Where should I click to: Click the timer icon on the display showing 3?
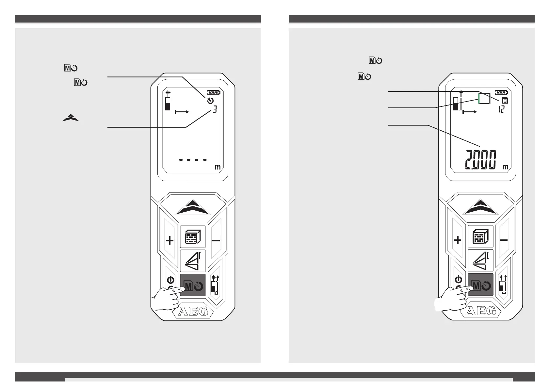(x=211, y=101)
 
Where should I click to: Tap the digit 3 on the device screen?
(x=215, y=110)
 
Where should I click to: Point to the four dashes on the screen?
(x=193, y=160)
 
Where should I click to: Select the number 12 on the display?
(x=501, y=110)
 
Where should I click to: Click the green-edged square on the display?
(x=484, y=98)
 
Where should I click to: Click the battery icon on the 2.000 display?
(x=502, y=92)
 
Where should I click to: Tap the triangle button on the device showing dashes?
(x=193, y=261)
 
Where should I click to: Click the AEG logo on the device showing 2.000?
(x=481, y=311)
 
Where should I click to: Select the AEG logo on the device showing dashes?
(x=193, y=312)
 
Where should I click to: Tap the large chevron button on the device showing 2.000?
(x=480, y=208)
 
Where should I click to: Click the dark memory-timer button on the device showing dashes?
(x=193, y=285)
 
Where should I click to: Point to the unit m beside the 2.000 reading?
(x=505, y=167)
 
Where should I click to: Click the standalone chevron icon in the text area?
(x=71, y=118)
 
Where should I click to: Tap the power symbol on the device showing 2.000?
(x=459, y=280)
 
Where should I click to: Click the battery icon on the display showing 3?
(x=214, y=92)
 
